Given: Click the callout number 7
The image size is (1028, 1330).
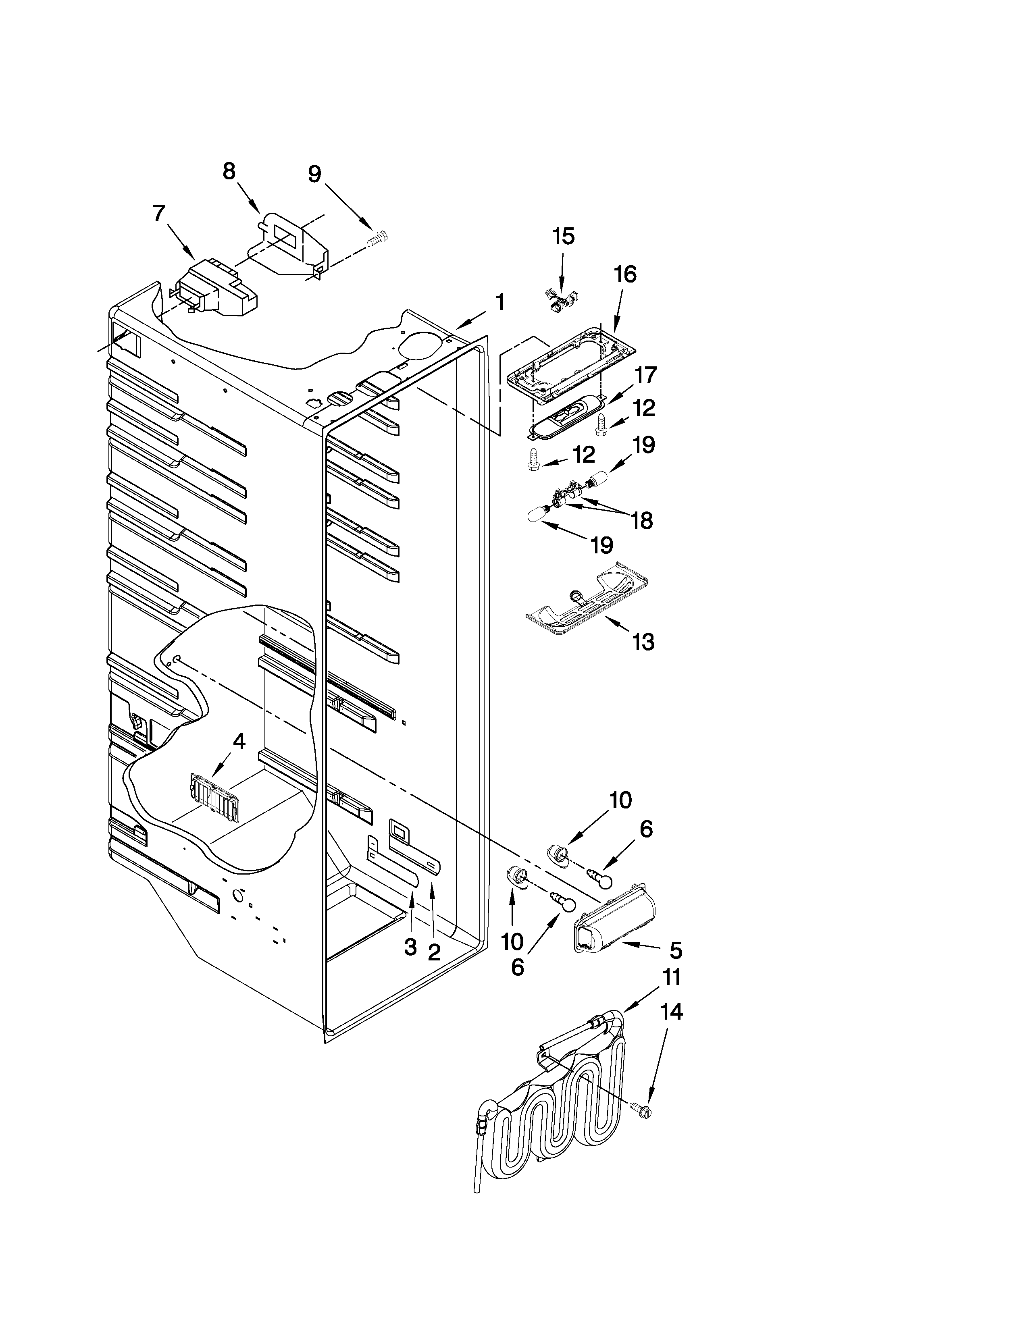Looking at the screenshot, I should pos(158,214).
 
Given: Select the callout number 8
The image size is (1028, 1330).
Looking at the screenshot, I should pos(229,172).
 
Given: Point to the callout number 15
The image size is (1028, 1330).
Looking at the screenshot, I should pos(563,236).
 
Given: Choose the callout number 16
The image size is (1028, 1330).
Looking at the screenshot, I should pos(625,274).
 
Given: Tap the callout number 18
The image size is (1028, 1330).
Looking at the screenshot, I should pos(642,521).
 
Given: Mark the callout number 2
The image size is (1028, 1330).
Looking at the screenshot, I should pos(434,951).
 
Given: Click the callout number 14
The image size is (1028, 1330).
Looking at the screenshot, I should pos(671,1029).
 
